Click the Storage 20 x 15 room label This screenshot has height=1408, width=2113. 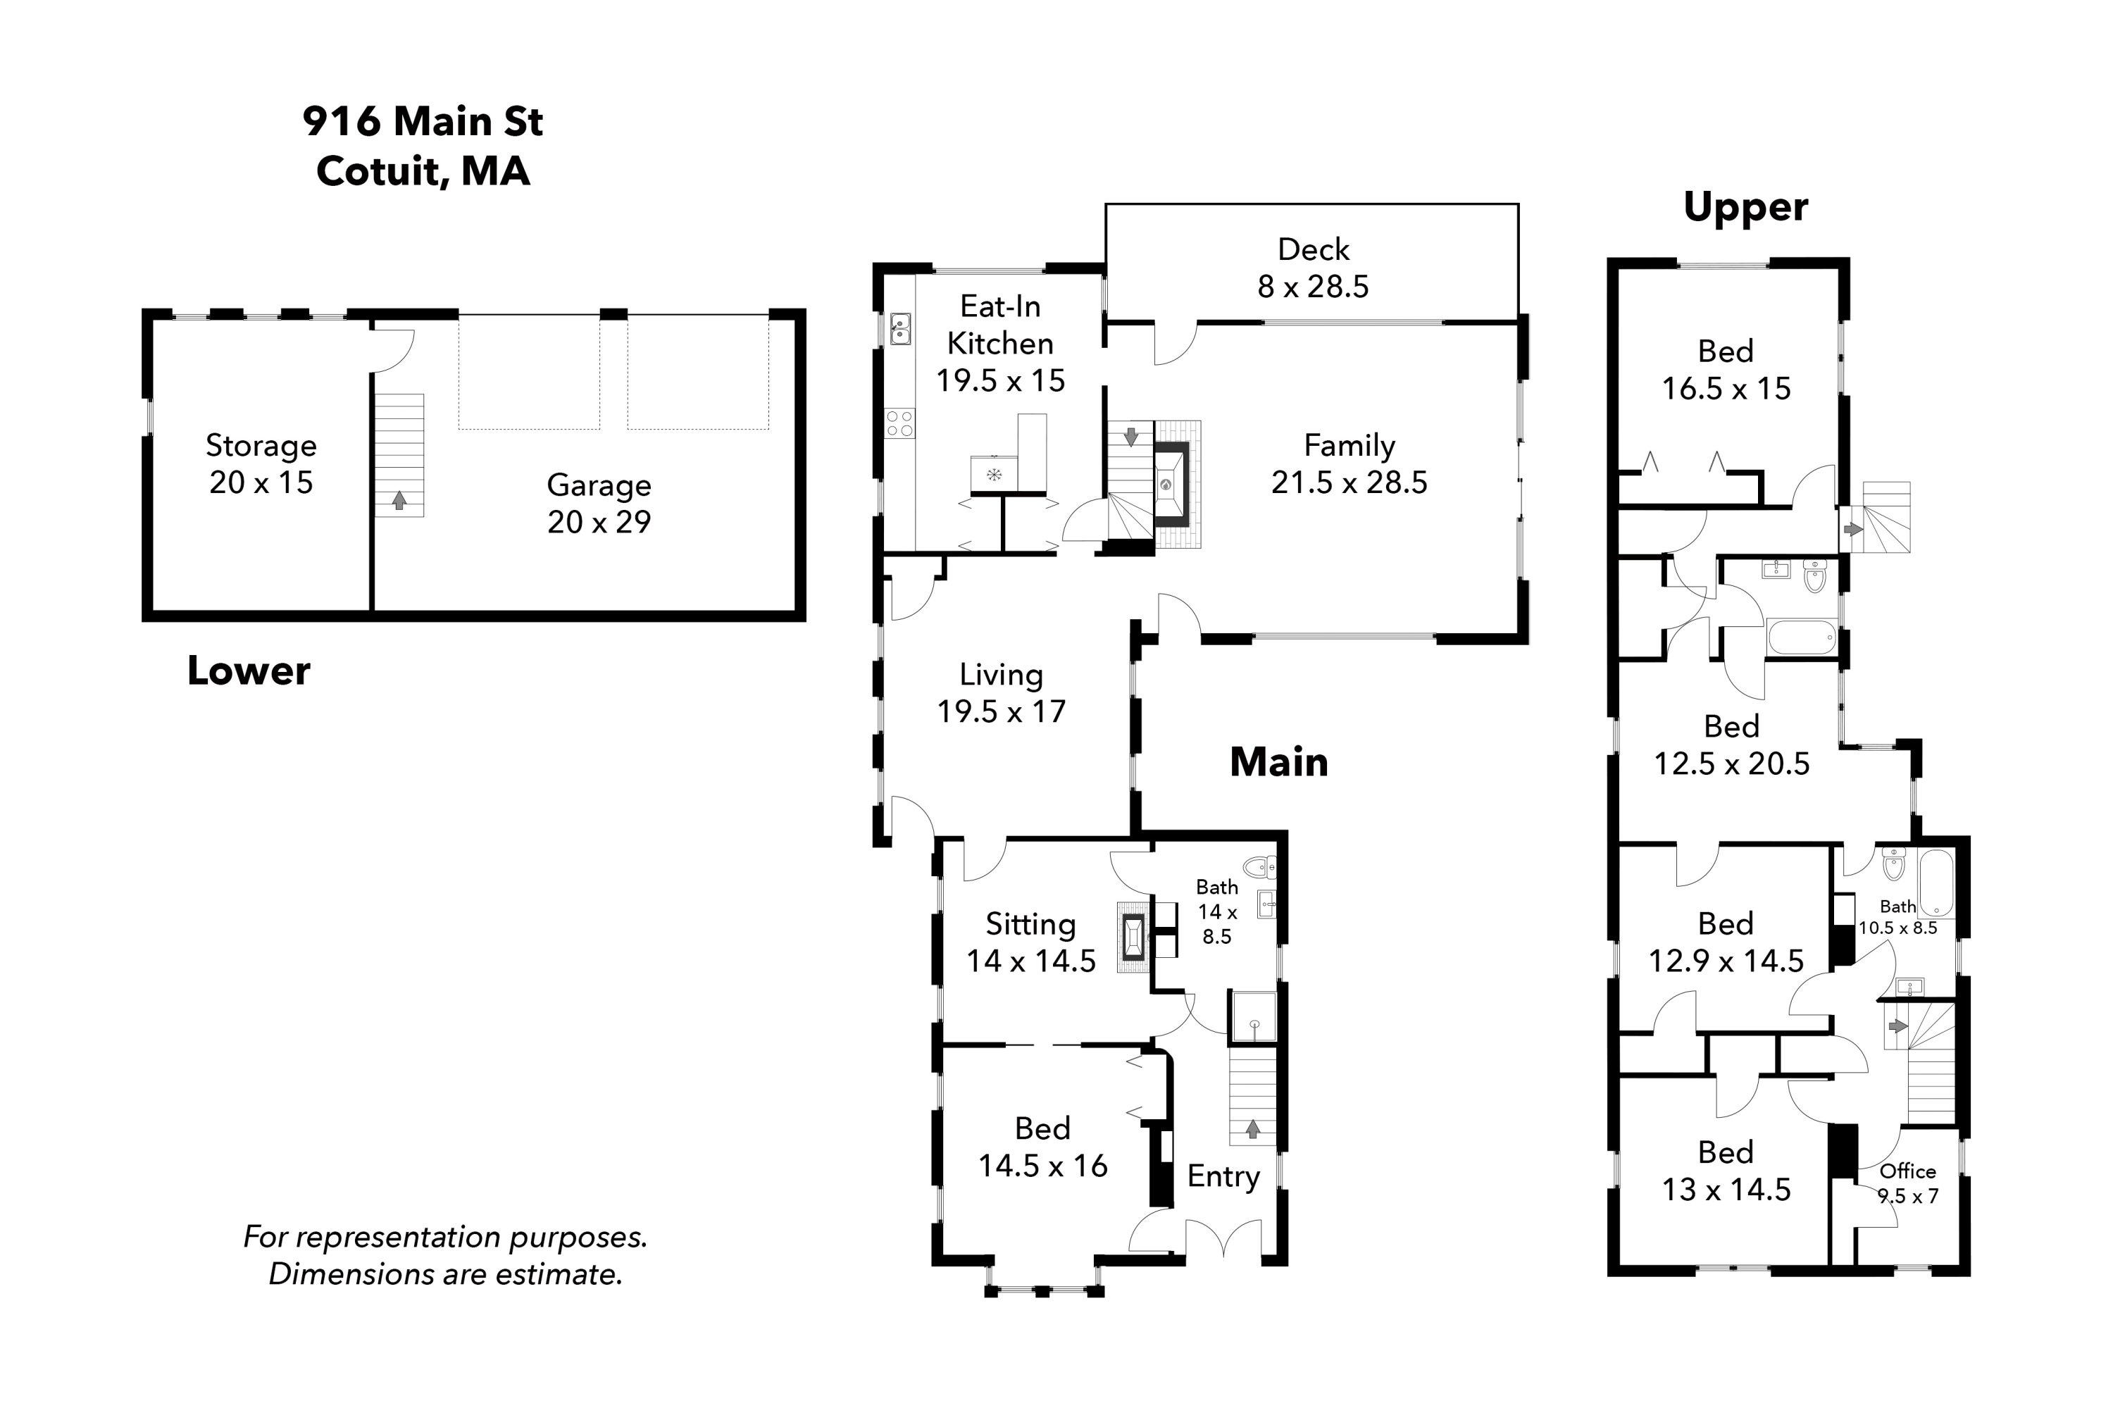click(261, 463)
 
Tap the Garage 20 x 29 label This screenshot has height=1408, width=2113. click(599, 503)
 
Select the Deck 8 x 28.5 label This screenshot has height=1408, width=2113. click(1312, 268)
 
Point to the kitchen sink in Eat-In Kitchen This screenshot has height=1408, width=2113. click(900, 329)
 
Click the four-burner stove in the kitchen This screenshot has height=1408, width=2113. click(900, 423)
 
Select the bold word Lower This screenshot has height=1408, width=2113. click(248, 671)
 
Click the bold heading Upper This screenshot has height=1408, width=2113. click(1745, 207)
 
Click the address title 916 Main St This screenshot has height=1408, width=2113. click(422, 121)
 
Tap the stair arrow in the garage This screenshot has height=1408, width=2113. click(399, 500)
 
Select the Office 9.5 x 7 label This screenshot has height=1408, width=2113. click(1907, 1183)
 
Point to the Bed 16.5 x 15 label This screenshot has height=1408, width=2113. click(1725, 369)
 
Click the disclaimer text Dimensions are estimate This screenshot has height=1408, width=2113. click(445, 1273)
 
